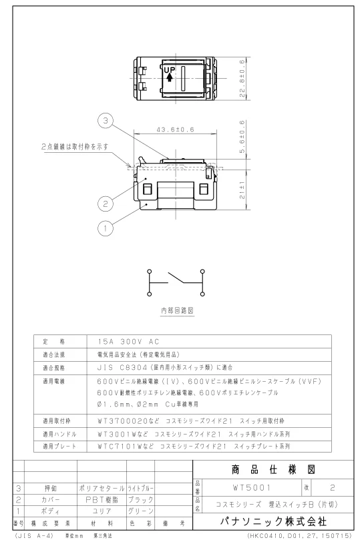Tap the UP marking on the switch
pos(170,70)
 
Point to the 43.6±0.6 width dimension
pos(176,130)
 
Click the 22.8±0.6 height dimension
pos(242,79)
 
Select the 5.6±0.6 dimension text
pos(242,136)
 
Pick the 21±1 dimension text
pos(242,190)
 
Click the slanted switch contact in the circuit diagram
pos(176,278)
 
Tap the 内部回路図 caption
pos(178,310)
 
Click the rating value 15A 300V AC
pos(128,342)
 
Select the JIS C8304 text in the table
pos(122,368)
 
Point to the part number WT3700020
pos(124,421)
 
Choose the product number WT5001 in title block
pos(252,488)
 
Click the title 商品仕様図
pos(273,469)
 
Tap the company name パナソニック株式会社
pos(273,521)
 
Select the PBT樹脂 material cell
pos(102,500)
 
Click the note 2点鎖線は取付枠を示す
pos(75,146)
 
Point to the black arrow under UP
pos(169,78)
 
